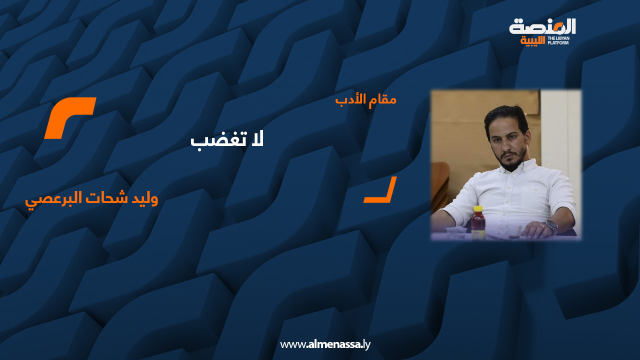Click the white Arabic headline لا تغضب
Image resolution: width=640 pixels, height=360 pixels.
tap(227, 139)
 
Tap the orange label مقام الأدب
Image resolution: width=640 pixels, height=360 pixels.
tap(365, 99)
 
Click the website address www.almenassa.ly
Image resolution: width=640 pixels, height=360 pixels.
tap(325, 344)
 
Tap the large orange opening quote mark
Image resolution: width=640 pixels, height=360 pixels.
tap(70, 117)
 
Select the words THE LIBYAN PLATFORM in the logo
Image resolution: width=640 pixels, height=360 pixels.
tap(558, 40)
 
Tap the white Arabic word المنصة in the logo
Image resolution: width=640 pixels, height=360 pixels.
tap(542, 26)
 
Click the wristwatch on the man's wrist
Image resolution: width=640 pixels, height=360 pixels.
tap(551, 226)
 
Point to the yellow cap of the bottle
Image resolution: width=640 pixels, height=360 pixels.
tap(478, 209)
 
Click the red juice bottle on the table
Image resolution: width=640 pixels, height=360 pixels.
tap(478, 224)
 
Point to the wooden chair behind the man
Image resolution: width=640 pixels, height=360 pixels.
tap(440, 185)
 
